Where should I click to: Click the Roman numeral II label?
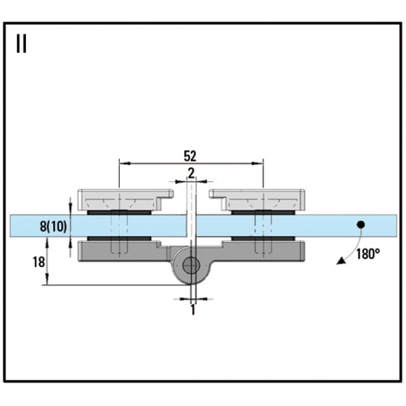click(x=21, y=44)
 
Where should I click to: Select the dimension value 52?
click(x=190, y=155)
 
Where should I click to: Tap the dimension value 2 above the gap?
click(x=191, y=173)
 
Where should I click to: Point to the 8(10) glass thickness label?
click(x=53, y=226)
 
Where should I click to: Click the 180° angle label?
click(x=368, y=254)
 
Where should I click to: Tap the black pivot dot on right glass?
click(x=361, y=224)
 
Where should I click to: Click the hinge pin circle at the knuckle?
click(x=191, y=265)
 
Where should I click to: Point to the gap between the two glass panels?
click(x=191, y=225)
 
